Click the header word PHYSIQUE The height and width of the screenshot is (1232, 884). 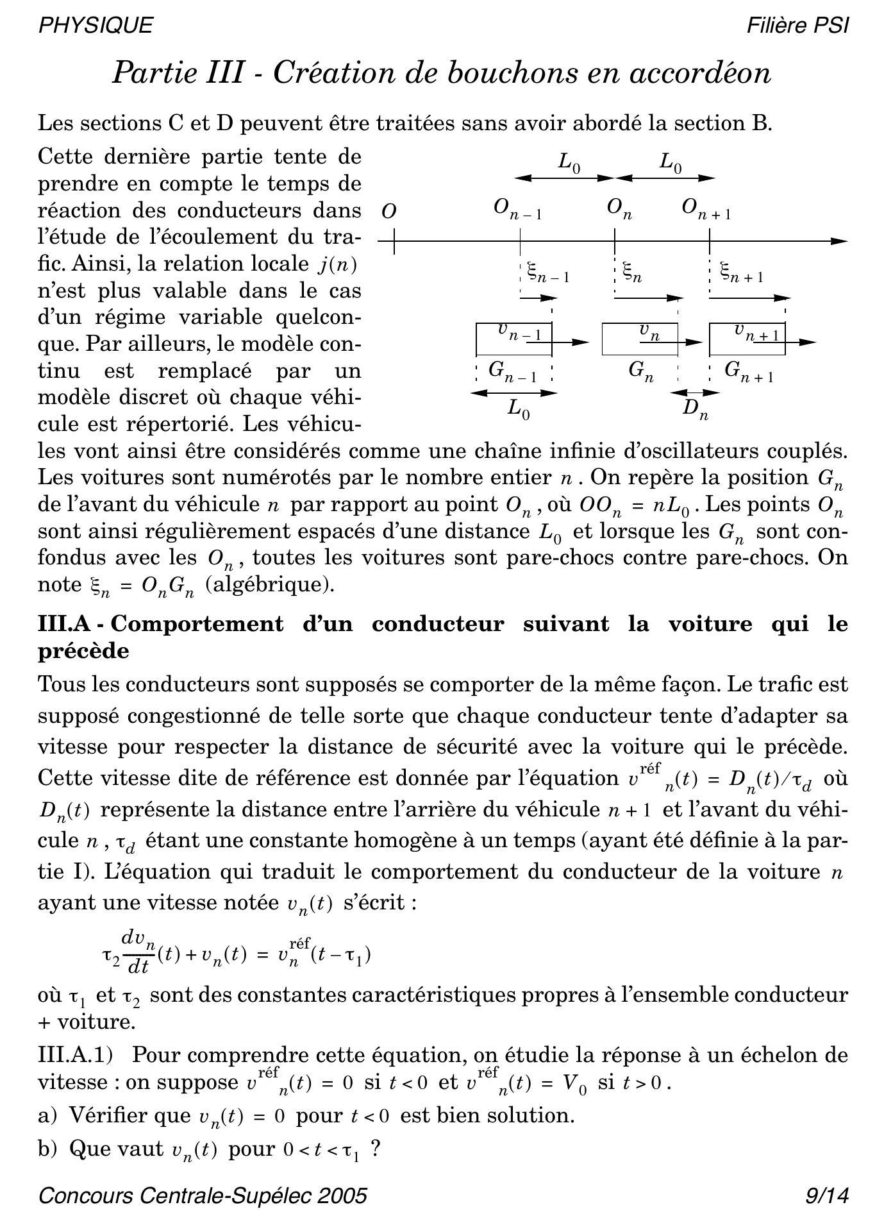tap(96, 25)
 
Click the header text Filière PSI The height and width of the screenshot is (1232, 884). tap(797, 25)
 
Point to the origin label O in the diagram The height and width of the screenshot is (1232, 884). tap(388, 212)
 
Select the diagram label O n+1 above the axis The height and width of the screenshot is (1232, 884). tap(706, 209)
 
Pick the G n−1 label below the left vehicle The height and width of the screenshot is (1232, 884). tap(512, 371)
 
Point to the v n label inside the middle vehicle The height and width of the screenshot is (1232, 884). tap(649, 332)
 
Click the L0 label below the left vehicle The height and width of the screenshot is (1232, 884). tap(518, 409)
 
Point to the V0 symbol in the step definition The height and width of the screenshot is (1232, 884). tap(574, 1083)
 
